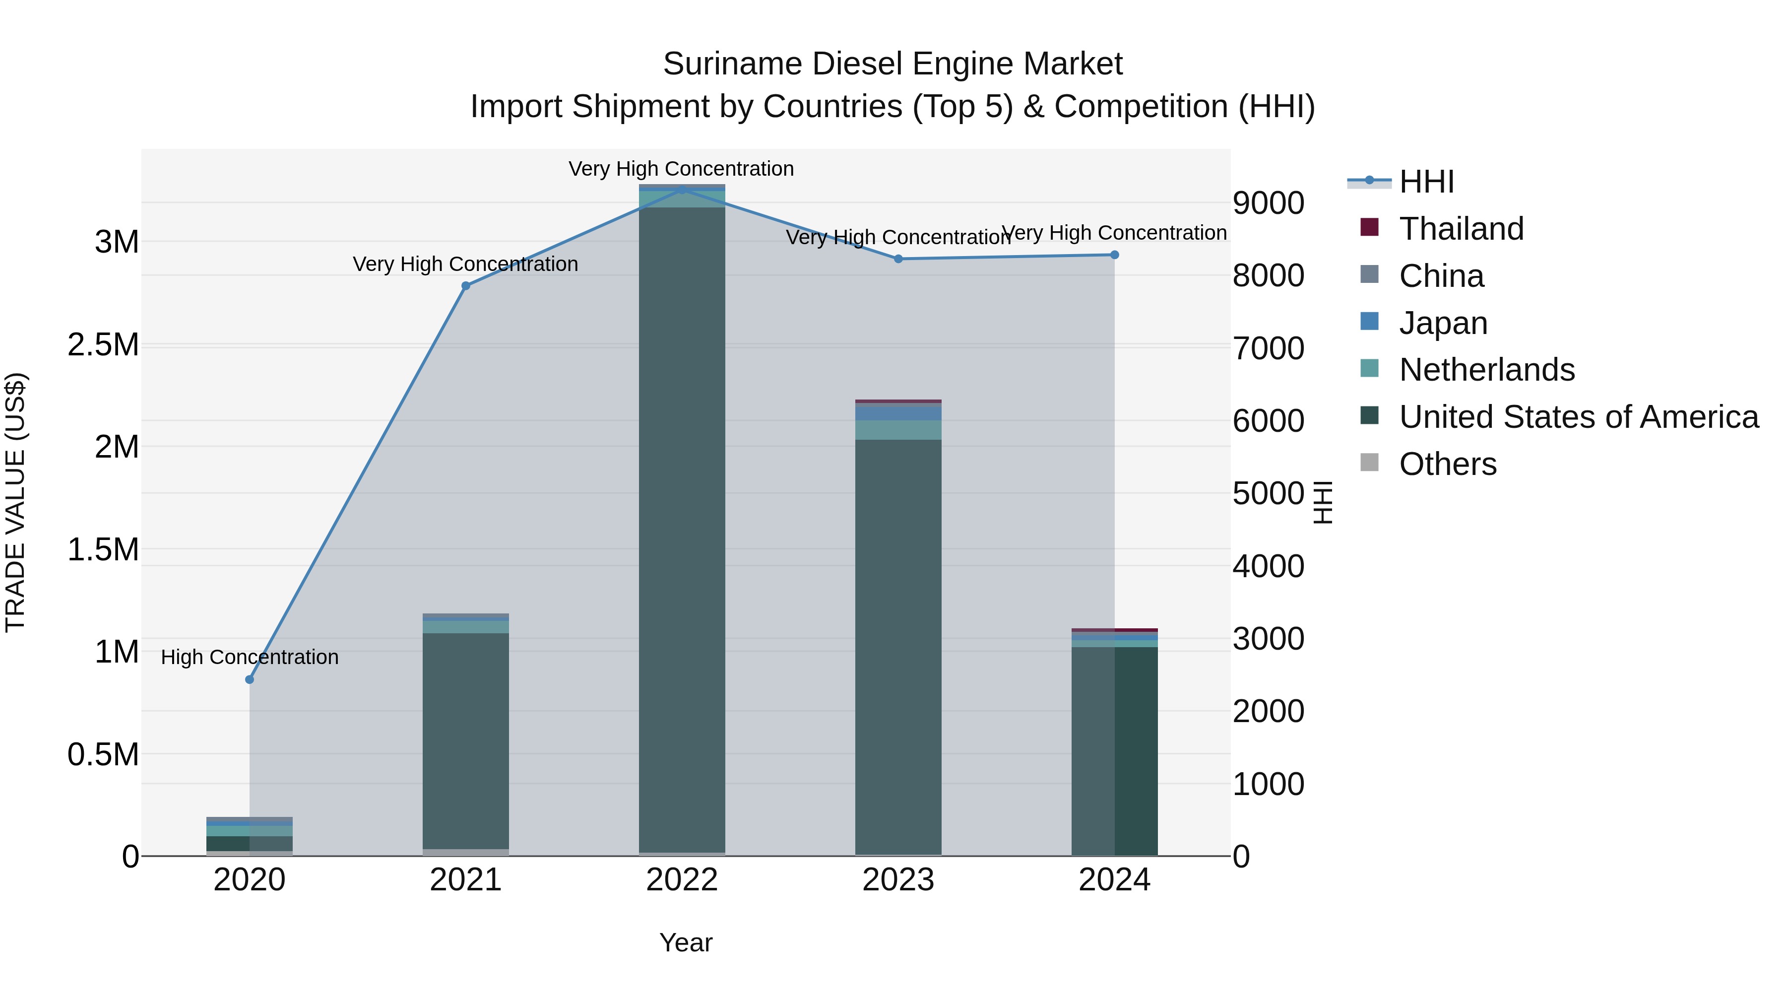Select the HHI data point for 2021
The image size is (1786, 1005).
[x=466, y=286]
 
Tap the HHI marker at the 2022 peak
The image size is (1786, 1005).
[x=682, y=190]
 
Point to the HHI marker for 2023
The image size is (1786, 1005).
[x=898, y=259]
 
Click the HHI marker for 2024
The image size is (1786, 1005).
[x=1114, y=255]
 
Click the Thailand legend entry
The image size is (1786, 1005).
[x=1461, y=229]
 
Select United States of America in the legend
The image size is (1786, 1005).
[x=1578, y=417]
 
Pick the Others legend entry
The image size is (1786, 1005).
[x=1447, y=464]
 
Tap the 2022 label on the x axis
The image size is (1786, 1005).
[x=682, y=880]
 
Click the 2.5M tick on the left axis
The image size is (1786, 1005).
[x=103, y=345]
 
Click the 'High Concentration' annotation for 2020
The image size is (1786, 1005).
[x=250, y=657]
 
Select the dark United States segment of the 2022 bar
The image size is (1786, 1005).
[x=682, y=527]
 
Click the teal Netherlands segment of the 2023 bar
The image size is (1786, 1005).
[x=898, y=430]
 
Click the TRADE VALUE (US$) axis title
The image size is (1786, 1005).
[x=15, y=502]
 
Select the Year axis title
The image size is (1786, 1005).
[x=686, y=942]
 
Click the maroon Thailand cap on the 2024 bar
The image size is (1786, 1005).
[x=1114, y=630]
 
